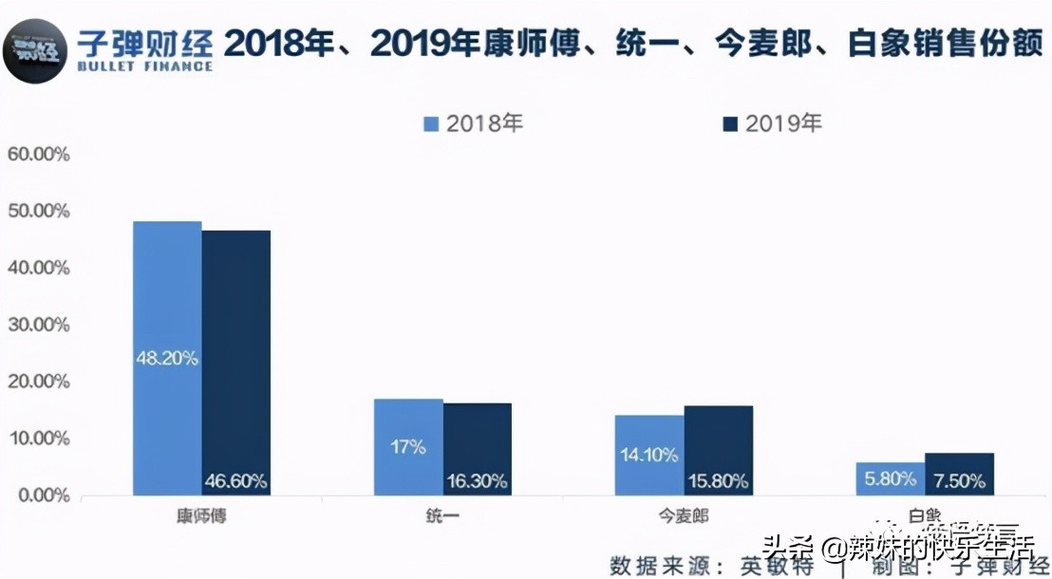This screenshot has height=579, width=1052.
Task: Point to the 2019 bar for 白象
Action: [x=959, y=465]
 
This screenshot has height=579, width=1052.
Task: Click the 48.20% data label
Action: [x=167, y=359]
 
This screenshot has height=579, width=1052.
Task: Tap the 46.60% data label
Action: [x=235, y=481]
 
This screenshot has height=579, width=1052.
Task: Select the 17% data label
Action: [x=408, y=446]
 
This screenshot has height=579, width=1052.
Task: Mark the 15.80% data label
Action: [x=718, y=481]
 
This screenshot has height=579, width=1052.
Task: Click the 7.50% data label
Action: [x=959, y=481]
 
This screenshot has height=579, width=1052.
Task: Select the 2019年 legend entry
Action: [x=772, y=123]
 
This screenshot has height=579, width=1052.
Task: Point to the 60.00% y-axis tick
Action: [x=38, y=154]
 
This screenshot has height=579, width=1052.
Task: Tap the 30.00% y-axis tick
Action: [x=38, y=325]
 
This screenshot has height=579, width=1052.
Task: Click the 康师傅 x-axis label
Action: [x=201, y=517]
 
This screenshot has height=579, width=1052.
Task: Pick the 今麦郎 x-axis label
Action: [x=683, y=517]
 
